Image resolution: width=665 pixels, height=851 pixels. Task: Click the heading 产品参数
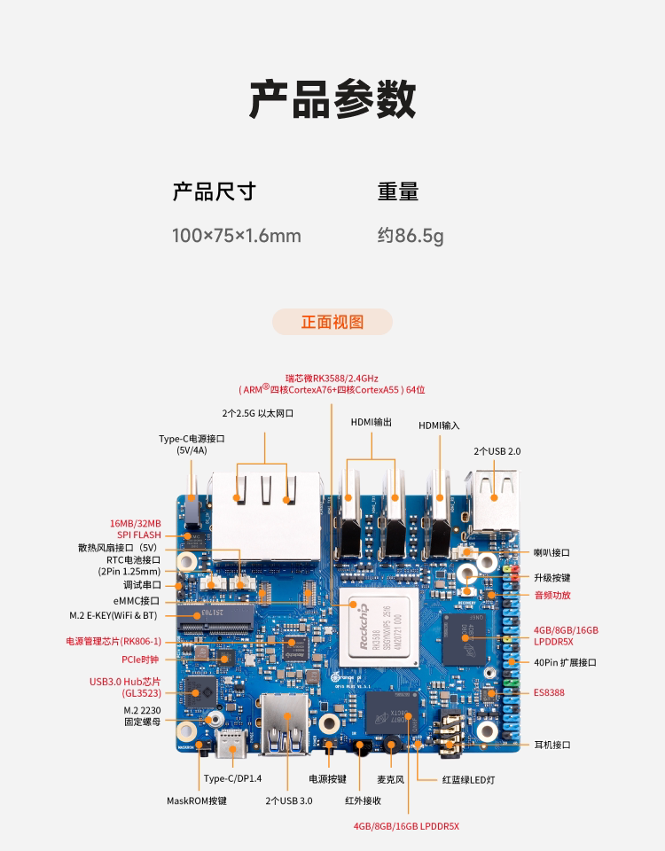click(332, 98)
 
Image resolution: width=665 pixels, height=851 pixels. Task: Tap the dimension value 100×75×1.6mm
click(236, 236)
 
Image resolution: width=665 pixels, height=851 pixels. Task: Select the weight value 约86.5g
click(411, 236)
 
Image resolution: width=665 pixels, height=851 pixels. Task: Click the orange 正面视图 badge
click(332, 322)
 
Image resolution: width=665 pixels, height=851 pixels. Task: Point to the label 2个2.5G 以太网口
click(257, 413)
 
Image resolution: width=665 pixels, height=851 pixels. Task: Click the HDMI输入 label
click(439, 425)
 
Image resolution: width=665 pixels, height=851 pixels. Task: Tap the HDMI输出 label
click(371, 423)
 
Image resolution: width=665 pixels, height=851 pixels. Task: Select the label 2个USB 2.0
click(497, 451)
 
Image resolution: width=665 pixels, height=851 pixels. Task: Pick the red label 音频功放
click(552, 595)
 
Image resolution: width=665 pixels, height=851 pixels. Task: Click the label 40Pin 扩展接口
click(565, 662)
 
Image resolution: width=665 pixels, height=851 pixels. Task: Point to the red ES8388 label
click(549, 692)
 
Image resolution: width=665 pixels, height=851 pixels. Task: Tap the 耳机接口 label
click(552, 745)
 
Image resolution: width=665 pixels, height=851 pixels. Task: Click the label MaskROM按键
click(197, 800)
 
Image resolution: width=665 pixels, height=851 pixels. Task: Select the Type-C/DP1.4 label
click(233, 779)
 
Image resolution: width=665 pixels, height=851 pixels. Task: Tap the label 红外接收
click(363, 800)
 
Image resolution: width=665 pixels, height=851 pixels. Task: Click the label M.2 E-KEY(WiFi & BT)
click(113, 615)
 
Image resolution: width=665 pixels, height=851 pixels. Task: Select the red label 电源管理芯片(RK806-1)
click(113, 641)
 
